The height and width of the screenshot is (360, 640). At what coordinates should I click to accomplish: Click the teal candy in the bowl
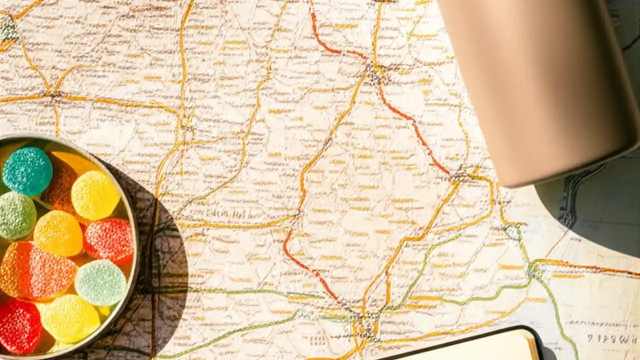[x=27, y=170]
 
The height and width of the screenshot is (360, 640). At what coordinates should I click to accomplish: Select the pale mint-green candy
[x=100, y=282]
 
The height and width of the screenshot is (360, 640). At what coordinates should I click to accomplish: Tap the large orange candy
[x=32, y=270]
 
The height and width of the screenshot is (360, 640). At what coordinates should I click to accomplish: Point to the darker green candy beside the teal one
[x=16, y=215]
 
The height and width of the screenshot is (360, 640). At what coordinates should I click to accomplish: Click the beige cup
[x=540, y=85]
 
